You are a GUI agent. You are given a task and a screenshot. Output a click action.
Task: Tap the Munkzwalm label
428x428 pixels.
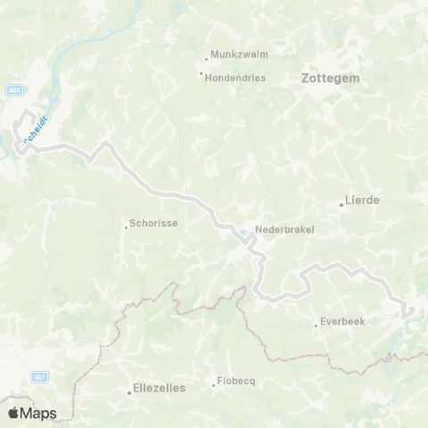pos(238,53)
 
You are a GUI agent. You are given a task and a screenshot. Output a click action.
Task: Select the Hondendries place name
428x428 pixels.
pos(236,78)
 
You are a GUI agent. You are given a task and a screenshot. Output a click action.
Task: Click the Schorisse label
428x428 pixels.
pos(155,225)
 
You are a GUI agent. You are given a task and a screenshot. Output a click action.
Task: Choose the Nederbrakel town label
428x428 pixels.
pos(284,228)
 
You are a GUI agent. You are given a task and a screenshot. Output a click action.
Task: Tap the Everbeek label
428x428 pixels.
pos(342,322)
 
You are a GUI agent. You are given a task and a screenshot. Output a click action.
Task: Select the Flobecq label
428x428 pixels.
pos(237,382)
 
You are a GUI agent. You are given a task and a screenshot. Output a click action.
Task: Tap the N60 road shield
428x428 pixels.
pos(13,89)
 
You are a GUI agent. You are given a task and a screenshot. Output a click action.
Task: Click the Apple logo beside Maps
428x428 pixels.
pos(13,414)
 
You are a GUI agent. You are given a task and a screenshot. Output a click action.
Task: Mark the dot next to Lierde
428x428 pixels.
pos(342,204)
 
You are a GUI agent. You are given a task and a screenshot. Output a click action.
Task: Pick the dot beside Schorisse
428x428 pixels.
pos(127,226)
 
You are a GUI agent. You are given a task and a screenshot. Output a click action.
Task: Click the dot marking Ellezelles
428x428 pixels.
pos(129,392)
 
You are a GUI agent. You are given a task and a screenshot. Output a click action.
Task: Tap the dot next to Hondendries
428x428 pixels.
pos(202,74)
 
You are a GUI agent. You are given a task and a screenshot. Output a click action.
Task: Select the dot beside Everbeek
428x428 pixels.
pos(317,325)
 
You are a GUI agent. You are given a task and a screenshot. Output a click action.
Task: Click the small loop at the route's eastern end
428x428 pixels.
pos(408,310)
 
